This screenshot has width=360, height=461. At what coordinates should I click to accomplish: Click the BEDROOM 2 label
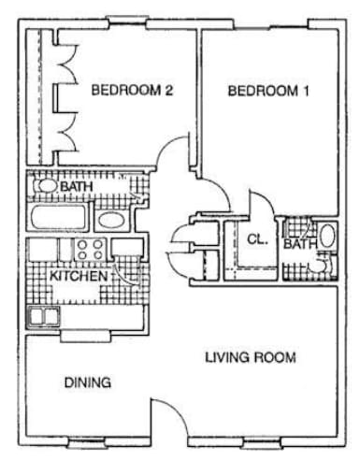pyautogui.click(x=133, y=91)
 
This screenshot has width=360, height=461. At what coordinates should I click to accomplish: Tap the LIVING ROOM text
pyautogui.click(x=251, y=357)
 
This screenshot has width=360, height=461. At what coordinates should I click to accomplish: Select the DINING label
pyautogui.click(x=88, y=382)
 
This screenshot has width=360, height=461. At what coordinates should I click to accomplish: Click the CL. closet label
pyautogui.click(x=257, y=239)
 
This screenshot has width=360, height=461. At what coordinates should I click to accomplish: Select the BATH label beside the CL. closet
pyautogui.click(x=300, y=245)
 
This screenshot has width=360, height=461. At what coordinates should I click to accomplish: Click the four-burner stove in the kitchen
pyautogui.click(x=90, y=251)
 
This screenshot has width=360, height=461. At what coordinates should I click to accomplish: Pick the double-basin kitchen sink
pyautogui.click(x=43, y=317)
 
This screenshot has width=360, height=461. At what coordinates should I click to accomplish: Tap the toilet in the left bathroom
pyautogui.click(x=44, y=187)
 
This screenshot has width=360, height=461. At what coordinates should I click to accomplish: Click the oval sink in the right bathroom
pyautogui.click(x=326, y=236)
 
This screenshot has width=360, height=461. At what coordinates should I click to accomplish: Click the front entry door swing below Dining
pyautogui.click(x=168, y=416)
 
